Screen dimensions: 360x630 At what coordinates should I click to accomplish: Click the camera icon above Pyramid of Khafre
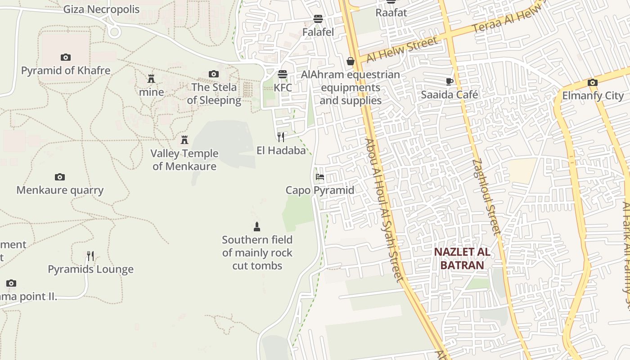coord(66,57)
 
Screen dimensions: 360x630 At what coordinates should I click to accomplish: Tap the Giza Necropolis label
coord(101,9)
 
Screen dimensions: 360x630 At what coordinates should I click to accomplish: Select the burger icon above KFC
coord(283,74)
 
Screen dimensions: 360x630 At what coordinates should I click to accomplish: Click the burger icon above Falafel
coord(318,19)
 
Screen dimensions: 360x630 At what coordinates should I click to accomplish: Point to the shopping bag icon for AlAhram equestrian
coord(351,61)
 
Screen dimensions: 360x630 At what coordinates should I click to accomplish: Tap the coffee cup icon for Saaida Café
coord(449,81)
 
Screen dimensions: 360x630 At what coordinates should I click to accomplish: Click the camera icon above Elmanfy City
coord(593,82)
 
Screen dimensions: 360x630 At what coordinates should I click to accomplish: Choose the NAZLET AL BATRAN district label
coord(462,258)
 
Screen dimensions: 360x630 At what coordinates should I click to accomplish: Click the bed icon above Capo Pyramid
coord(320,177)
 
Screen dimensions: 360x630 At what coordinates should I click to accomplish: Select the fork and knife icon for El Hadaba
coord(281,137)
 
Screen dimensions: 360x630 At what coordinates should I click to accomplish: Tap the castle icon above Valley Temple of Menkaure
coord(184,140)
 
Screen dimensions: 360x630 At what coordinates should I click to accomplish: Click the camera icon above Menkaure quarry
coord(60,177)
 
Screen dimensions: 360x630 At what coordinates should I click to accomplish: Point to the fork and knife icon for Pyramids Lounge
coord(90,256)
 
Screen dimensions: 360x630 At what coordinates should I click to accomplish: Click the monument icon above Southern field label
coord(257,226)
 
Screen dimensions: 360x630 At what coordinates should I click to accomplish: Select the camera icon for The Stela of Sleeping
coord(214,74)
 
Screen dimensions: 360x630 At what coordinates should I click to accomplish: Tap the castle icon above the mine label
coord(151,79)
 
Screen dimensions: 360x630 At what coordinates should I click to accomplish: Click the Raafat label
coord(391,13)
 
